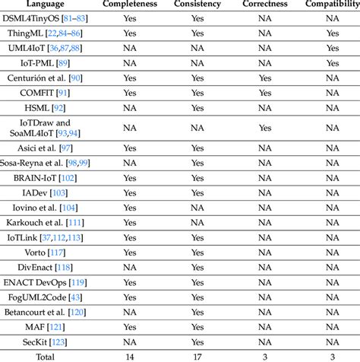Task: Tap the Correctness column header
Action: (x=264, y=5)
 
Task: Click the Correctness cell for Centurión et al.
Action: (x=264, y=78)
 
